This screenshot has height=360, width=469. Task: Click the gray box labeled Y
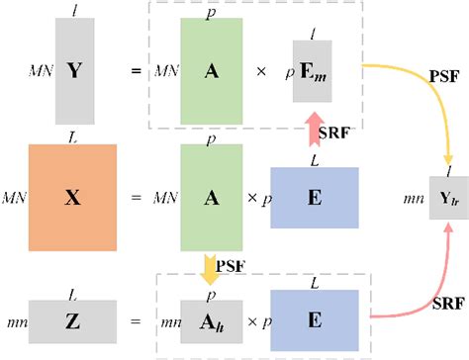[74, 71]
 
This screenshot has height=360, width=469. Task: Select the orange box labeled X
[73, 197]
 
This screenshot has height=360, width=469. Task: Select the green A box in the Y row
[212, 71]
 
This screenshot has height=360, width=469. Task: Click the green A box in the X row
[212, 197]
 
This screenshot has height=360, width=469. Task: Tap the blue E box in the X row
[314, 197]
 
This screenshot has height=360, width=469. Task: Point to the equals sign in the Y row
[136, 71]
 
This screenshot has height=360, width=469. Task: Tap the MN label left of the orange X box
[15, 198]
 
